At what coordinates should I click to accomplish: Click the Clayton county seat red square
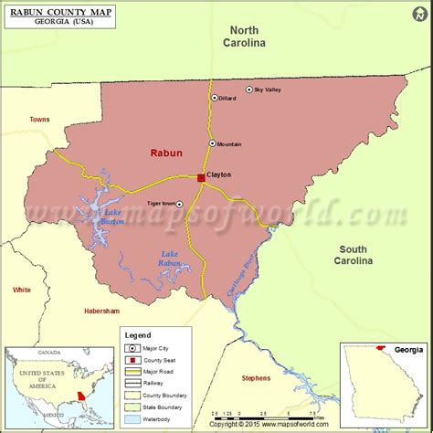coord(201,178)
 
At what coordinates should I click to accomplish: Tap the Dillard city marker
coord(215,98)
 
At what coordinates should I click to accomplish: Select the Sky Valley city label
coord(269,90)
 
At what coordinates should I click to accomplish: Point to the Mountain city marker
coord(212,143)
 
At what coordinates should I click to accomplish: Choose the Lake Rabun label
coord(170,259)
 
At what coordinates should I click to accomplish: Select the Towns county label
coord(39,120)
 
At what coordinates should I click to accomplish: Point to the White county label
coord(21,290)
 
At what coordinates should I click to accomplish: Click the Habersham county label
coord(101,312)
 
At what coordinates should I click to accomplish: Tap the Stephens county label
coord(256,378)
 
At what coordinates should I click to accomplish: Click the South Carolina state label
coord(354,255)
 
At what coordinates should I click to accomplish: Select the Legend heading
coord(138,335)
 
